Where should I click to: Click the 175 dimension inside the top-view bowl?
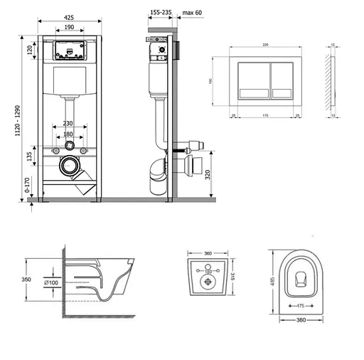pyautogui.click(x=301, y=306)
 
